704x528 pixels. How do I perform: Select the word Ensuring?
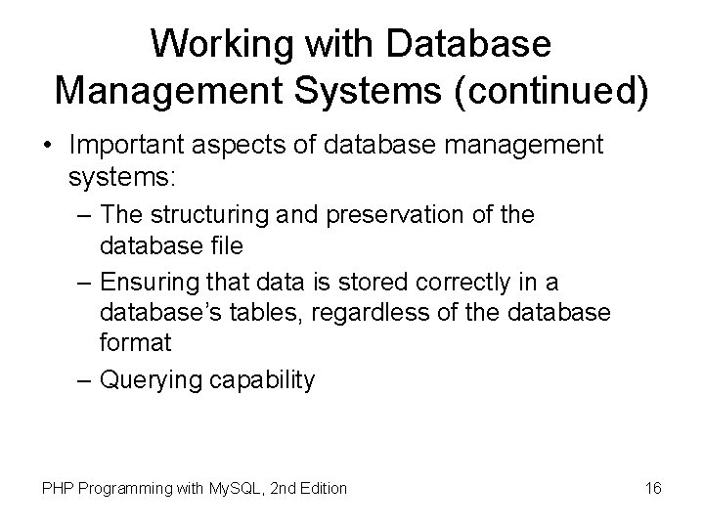157,284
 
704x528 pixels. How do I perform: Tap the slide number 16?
655,487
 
